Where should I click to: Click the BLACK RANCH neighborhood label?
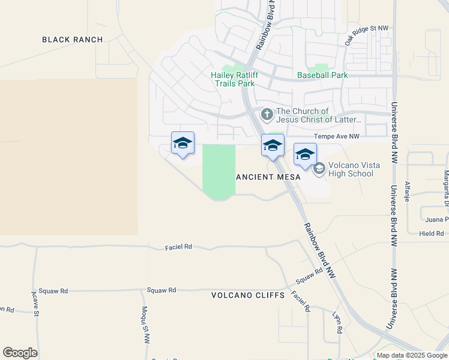point(72,40)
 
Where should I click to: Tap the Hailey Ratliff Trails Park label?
point(233,79)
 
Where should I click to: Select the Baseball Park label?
point(322,76)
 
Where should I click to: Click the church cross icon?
point(266,113)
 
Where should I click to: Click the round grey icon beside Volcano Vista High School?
point(319,169)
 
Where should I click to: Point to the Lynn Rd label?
point(339,322)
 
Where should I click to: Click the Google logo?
point(20,353)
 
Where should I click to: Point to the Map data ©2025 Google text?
point(411,355)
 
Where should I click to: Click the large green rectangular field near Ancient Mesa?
point(218,172)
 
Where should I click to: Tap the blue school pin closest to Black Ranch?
point(182,144)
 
